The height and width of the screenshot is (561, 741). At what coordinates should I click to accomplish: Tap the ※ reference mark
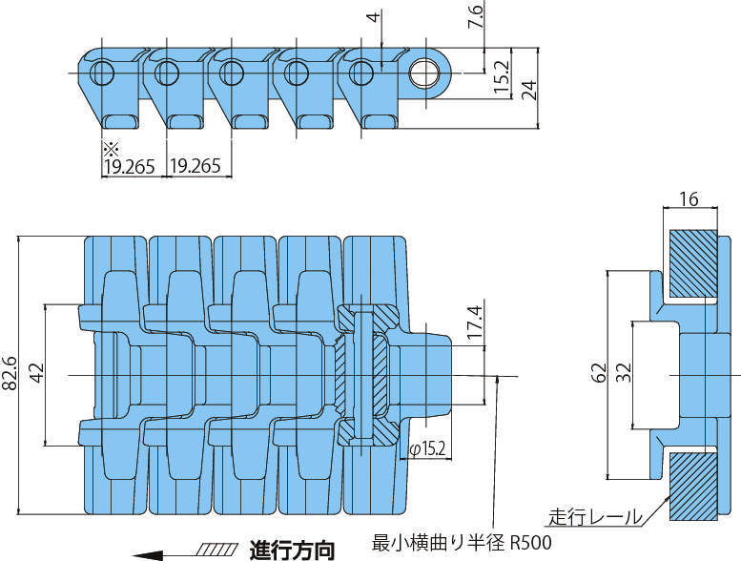coord(108,148)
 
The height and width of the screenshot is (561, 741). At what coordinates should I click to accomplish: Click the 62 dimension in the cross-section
coord(598,373)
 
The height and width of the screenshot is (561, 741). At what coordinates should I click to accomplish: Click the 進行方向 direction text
coord(292,550)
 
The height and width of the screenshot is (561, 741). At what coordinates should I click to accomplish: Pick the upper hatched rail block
coord(693,262)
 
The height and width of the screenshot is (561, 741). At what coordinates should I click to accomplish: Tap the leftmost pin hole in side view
coord(102,73)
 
